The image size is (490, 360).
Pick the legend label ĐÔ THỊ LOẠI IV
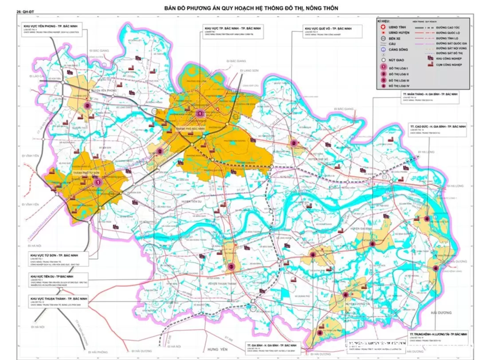(x=399, y=86)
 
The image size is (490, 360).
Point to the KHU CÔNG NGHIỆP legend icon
(x=429, y=58)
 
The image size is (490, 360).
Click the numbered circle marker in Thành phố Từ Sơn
(x=98, y=181)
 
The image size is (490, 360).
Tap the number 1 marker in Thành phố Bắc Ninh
(x=200, y=113)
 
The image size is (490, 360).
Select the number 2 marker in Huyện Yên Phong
(x=88, y=106)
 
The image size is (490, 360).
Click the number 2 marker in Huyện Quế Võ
(x=294, y=143)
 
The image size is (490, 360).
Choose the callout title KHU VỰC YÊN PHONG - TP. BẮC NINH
(x=52, y=26)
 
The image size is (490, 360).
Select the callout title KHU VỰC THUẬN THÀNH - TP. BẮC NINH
(x=59, y=299)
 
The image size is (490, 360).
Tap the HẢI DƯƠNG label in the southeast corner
(x=441, y=313)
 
